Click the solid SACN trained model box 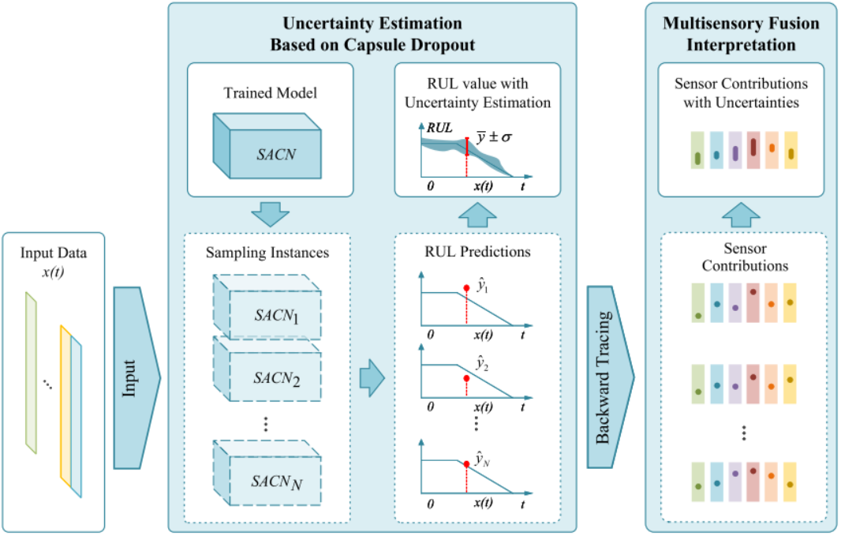(x=267, y=146)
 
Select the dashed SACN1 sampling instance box (x=267, y=307)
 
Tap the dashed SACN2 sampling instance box (x=267, y=369)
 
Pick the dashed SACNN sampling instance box (x=267, y=473)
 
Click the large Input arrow (x=136, y=377)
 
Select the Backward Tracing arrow (x=611, y=377)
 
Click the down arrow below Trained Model (x=271, y=215)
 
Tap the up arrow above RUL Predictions (x=477, y=215)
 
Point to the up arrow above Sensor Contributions (x=741, y=215)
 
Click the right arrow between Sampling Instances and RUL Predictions (x=372, y=377)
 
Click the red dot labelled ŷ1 (x=466, y=288)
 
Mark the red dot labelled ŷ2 (x=466, y=378)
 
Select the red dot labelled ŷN (x=466, y=464)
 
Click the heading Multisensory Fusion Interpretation (x=741, y=34)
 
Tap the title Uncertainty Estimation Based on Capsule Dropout (x=372, y=34)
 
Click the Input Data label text (x=53, y=253)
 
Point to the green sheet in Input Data (x=31, y=373)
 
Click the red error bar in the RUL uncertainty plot (x=466, y=147)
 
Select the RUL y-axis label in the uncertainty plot (x=439, y=128)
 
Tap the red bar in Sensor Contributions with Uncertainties (x=753, y=147)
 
